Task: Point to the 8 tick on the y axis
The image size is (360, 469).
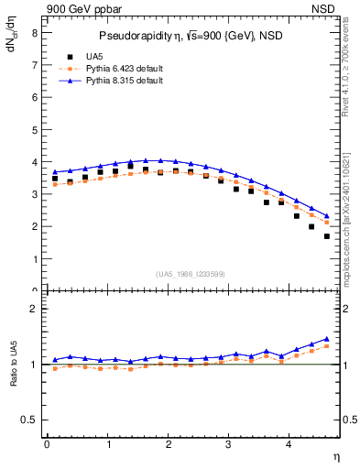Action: coord(34,32)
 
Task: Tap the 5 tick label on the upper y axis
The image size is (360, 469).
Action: coord(34,129)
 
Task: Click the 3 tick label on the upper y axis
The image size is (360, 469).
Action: coord(34,194)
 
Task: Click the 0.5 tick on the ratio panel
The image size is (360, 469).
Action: coord(30,420)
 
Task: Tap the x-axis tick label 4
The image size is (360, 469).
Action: coord(289,444)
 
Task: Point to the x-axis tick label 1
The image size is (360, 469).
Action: coord(107,444)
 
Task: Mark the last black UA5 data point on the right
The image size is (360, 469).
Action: coord(327,236)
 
